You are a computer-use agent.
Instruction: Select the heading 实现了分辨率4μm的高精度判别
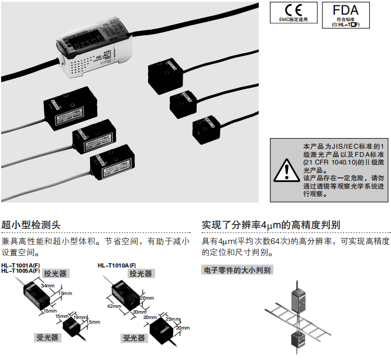click(271, 225)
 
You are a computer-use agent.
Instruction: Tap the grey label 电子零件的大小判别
click(236, 270)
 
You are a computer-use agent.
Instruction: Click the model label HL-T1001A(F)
click(20, 265)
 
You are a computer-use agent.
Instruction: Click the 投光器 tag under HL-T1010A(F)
click(141, 273)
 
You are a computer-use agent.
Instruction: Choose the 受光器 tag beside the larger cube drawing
click(133, 338)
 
